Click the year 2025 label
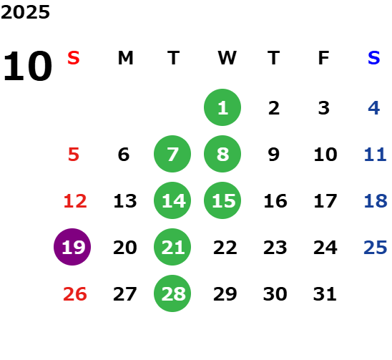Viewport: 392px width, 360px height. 25,12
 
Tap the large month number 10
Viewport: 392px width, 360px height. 27,66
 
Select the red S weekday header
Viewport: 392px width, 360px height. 74,58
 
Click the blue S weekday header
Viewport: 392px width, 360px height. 374,58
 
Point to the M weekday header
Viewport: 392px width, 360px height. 125,58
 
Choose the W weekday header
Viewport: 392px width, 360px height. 227,58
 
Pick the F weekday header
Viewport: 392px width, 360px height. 324,58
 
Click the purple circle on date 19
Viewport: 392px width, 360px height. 72,247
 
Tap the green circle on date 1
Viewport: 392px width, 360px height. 222,107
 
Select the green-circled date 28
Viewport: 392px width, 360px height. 172,293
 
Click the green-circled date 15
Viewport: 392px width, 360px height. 222,200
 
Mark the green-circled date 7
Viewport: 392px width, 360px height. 172,154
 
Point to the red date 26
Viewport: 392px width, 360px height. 75,294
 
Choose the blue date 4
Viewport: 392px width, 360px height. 374,108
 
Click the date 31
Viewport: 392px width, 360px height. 325,294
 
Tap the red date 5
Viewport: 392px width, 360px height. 74,155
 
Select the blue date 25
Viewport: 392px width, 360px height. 376,248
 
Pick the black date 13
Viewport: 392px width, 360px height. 125,201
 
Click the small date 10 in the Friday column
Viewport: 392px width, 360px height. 325,155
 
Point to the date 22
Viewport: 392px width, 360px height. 225,248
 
